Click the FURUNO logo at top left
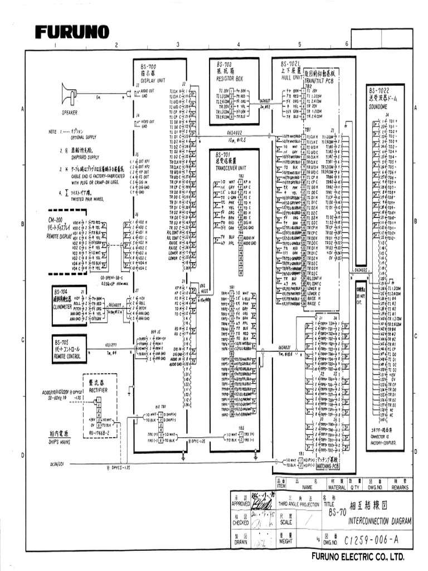72,32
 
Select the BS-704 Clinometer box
68,298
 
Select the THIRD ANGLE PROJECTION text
300,504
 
